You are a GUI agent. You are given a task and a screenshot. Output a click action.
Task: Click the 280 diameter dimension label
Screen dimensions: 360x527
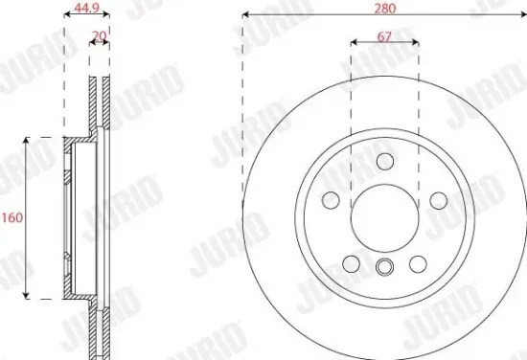(x=384, y=8)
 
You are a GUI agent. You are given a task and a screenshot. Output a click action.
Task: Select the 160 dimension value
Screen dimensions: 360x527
(x=11, y=217)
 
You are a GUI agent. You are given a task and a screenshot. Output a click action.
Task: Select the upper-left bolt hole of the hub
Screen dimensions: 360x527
(x=331, y=200)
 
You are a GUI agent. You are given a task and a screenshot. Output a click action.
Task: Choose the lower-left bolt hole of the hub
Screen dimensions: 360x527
(x=351, y=263)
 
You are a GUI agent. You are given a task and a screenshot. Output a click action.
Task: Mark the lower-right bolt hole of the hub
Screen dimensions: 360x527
(x=418, y=263)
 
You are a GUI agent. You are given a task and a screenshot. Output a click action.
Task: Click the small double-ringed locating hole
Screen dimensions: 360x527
(x=384, y=268)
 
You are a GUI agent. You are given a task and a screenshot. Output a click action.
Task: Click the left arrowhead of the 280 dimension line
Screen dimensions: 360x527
(x=246, y=16)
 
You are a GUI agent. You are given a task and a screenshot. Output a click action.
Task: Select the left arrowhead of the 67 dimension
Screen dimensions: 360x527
(x=355, y=42)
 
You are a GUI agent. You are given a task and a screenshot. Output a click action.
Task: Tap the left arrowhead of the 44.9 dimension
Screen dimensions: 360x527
(x=66, y=16)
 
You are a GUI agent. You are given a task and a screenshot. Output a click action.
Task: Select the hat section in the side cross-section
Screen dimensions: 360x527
(x=69, y=217)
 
